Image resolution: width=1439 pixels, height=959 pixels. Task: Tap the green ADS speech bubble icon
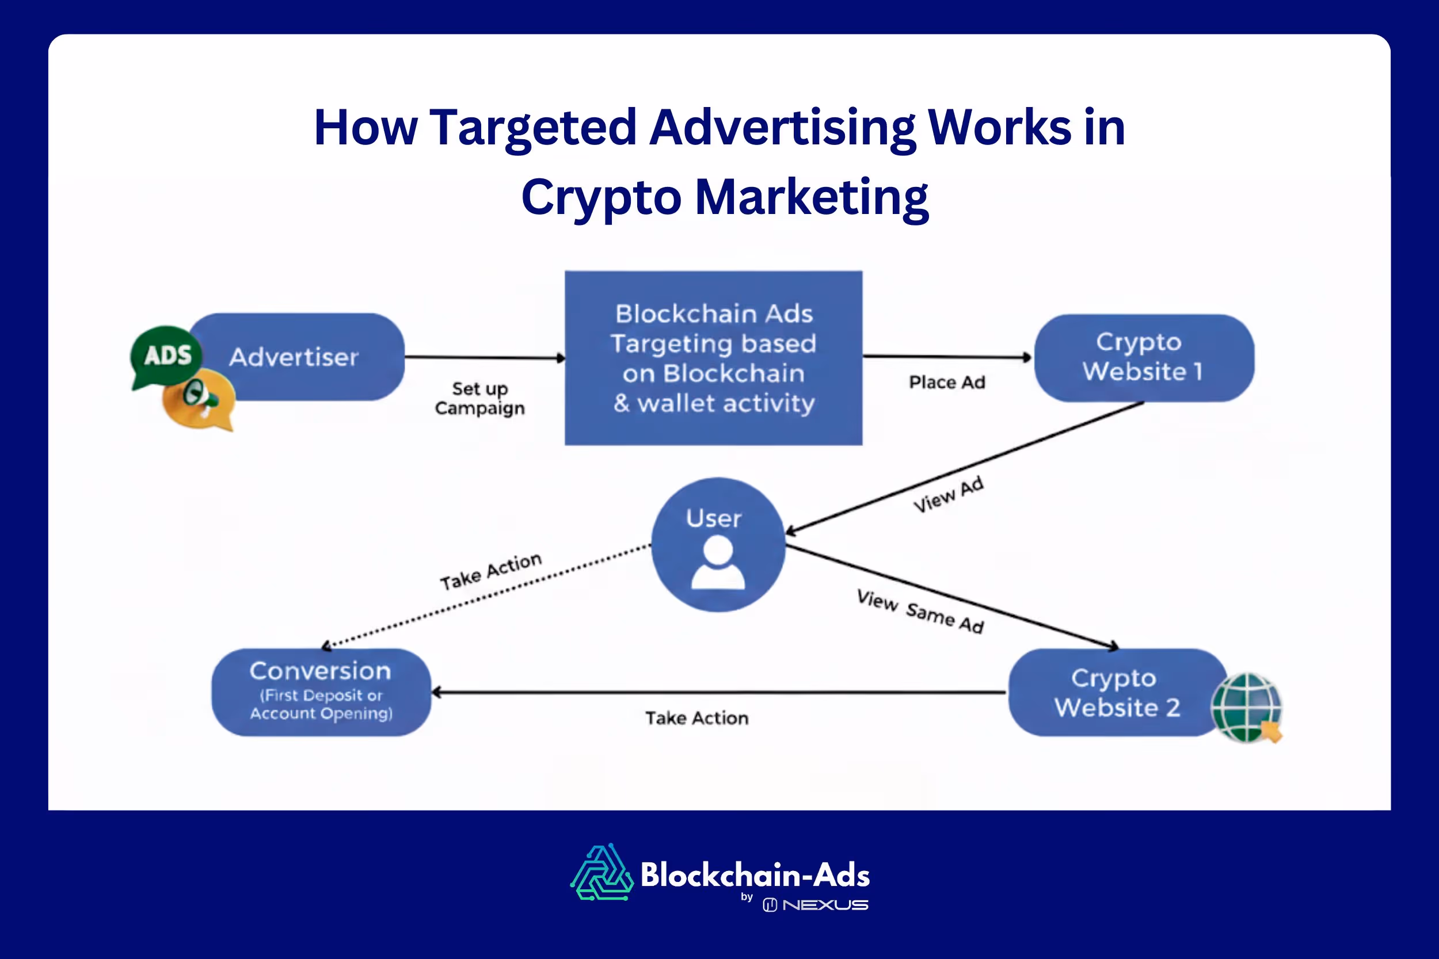166,356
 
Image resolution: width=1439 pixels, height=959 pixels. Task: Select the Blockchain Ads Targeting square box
713,358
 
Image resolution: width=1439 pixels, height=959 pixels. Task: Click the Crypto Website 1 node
1143,358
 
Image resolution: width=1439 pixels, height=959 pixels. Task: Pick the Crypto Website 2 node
1116,692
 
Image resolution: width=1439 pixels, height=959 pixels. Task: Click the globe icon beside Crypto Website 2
1247,707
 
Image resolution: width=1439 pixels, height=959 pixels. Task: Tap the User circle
718,544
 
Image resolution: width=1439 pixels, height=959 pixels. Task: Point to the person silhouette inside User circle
718,563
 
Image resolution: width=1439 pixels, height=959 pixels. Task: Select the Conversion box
321,692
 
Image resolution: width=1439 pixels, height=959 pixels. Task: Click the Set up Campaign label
479,398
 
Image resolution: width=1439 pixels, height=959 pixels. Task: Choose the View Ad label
949,494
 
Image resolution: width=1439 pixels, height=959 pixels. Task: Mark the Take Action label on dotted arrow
490,571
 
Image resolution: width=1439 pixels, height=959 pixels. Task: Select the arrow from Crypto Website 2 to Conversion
719,692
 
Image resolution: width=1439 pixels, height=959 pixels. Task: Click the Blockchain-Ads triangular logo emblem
602,873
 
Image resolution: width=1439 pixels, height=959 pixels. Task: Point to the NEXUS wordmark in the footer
825,905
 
